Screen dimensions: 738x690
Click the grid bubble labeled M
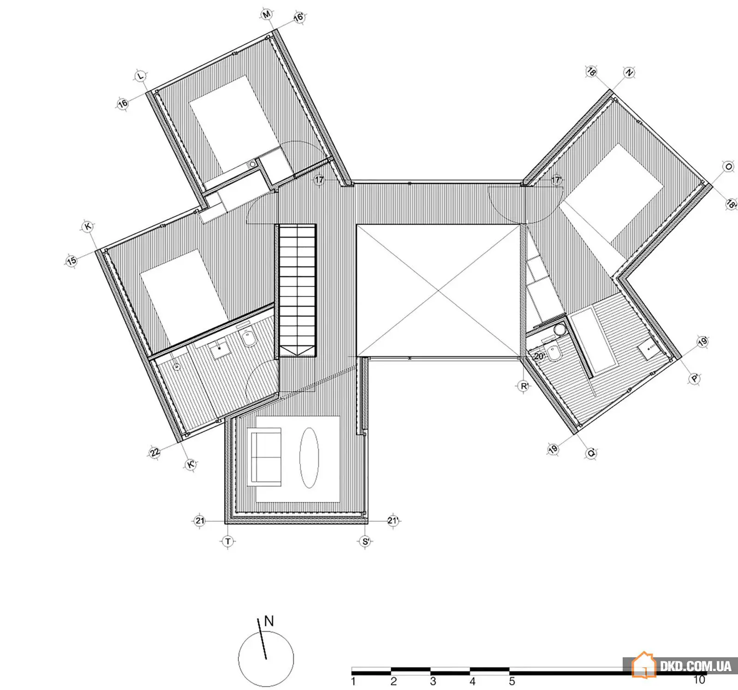[267, 15]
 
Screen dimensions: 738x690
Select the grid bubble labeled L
[141, 76]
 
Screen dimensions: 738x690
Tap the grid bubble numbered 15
[71, 261]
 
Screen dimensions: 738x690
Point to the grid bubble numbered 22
[155, 452]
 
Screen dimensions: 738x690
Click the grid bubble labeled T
[228, 541]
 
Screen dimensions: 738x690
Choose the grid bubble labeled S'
[365, 541]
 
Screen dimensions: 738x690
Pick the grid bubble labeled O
[729, 167]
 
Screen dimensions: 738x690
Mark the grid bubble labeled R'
[524, 386]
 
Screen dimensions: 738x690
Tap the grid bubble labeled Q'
[591, 454]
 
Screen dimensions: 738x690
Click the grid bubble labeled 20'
[539, 356]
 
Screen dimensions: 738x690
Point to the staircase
[298, 291]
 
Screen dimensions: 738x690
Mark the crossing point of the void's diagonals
[438, 291]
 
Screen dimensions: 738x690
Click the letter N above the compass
[268, 621]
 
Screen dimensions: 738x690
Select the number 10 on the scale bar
[699, 679]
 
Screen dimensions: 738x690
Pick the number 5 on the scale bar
[512, 680]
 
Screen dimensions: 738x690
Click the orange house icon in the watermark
[643, 665]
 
